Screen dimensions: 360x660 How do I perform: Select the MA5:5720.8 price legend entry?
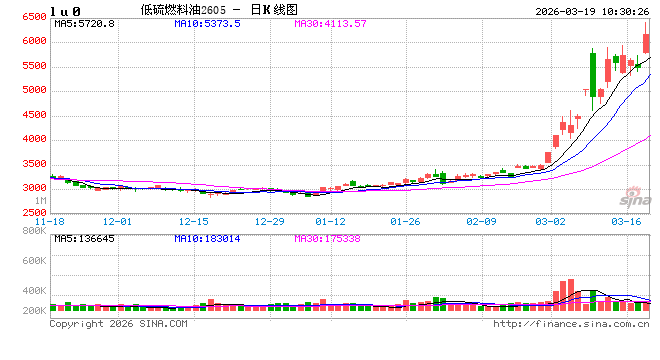pos(85,22)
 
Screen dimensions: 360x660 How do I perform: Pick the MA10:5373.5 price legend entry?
pos(207,22)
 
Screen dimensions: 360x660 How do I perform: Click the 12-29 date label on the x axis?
pos(270,221)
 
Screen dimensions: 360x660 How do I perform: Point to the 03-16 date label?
pos(627,221)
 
